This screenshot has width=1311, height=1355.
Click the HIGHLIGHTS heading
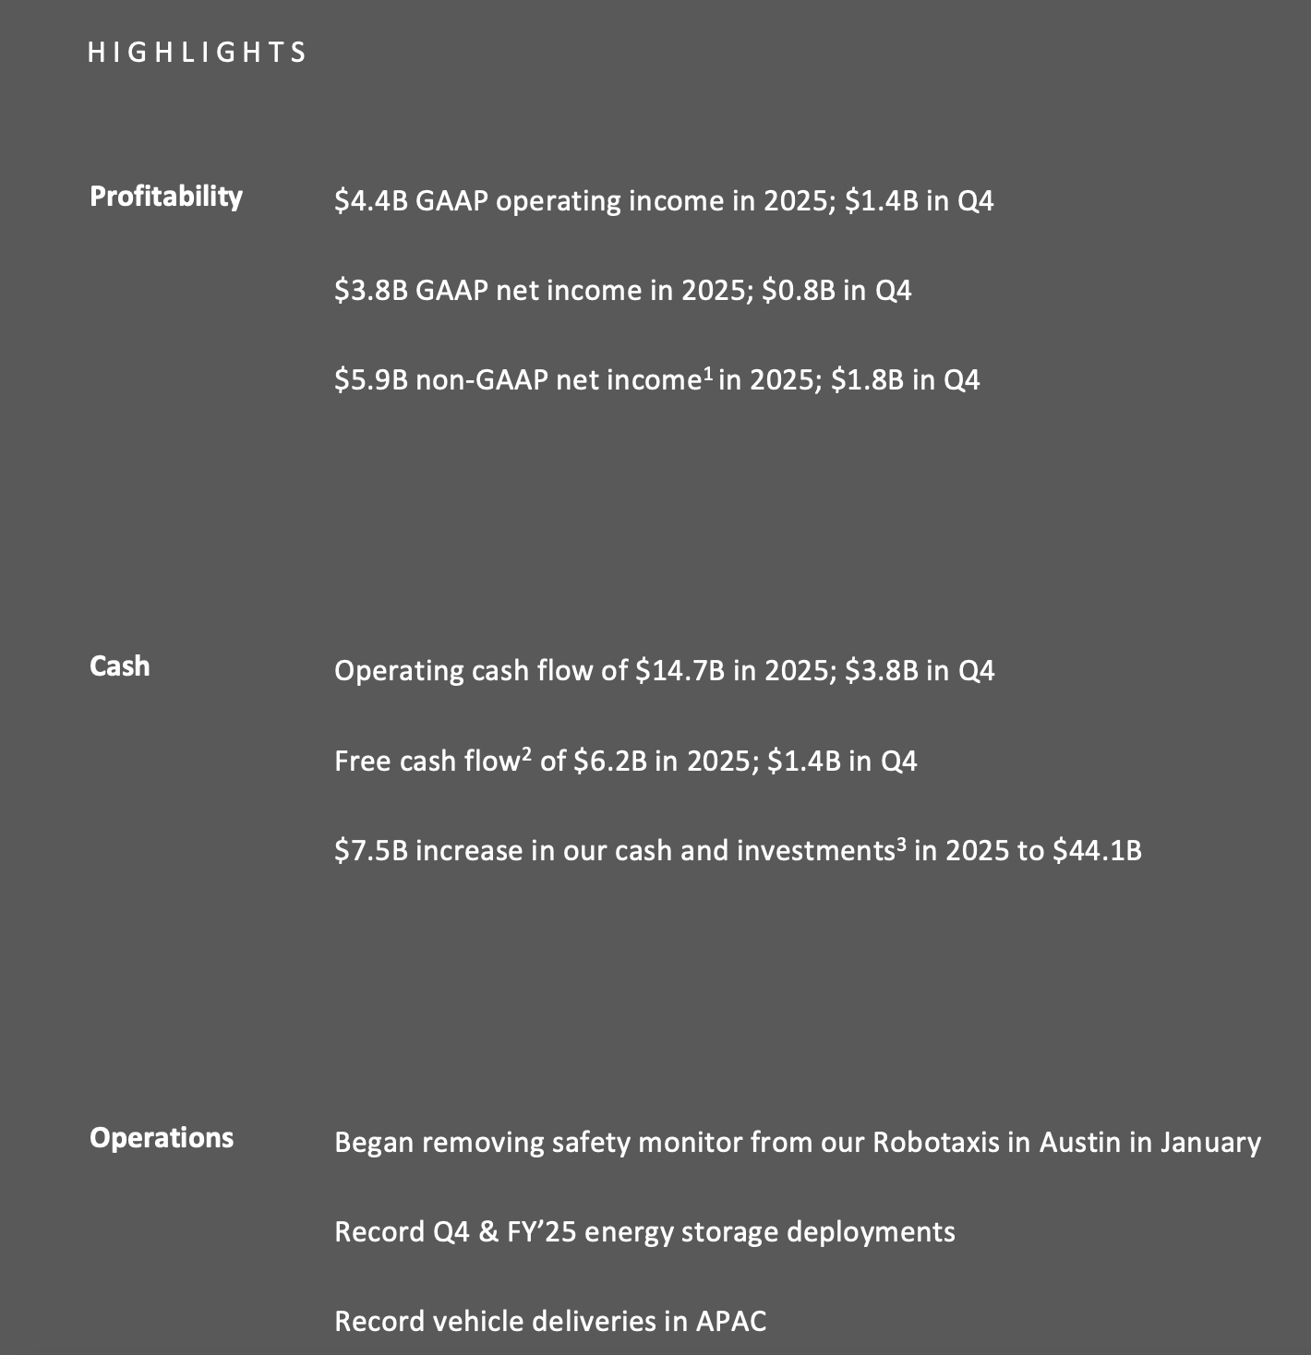pyautogui.click(x=197, y=53)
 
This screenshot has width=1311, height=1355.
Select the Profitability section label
pyautogui.click(x=166, y=197)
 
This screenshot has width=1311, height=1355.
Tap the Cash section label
pyautogui.click(x=119, y=666)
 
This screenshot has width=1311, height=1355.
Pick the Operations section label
pyautogui.click(x=162, y=1138)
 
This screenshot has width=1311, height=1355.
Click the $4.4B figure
pyautogui.click(x=371, y=201)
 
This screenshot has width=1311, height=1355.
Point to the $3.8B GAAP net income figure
pyautogui.click(x=371, y=292)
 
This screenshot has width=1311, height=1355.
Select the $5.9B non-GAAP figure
pyautogui.click(x=371, y=380)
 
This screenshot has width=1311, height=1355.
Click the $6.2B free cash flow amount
pyautogui.click(x=609, y=761)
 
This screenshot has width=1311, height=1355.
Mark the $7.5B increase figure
pyautogui.click(x=371, y=850)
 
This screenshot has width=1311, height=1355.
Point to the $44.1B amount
pyautogui.click(x=1097, y=850)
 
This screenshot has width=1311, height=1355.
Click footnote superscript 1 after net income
pyautogui.click(x=707, y=374)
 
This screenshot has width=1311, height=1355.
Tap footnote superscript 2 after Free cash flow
pyautogui.click(x=526, y=755)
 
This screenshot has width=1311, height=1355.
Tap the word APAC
pyautogui.click(x=730, y=1322)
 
